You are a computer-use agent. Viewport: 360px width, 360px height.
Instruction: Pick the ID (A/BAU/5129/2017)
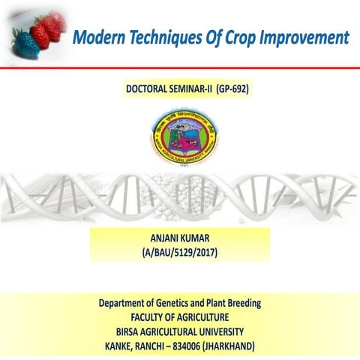(x=179, y=253)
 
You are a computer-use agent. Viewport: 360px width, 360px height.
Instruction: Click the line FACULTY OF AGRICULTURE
(x=180, y=317)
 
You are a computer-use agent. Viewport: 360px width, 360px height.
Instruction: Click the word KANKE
(x=121, y=346)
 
